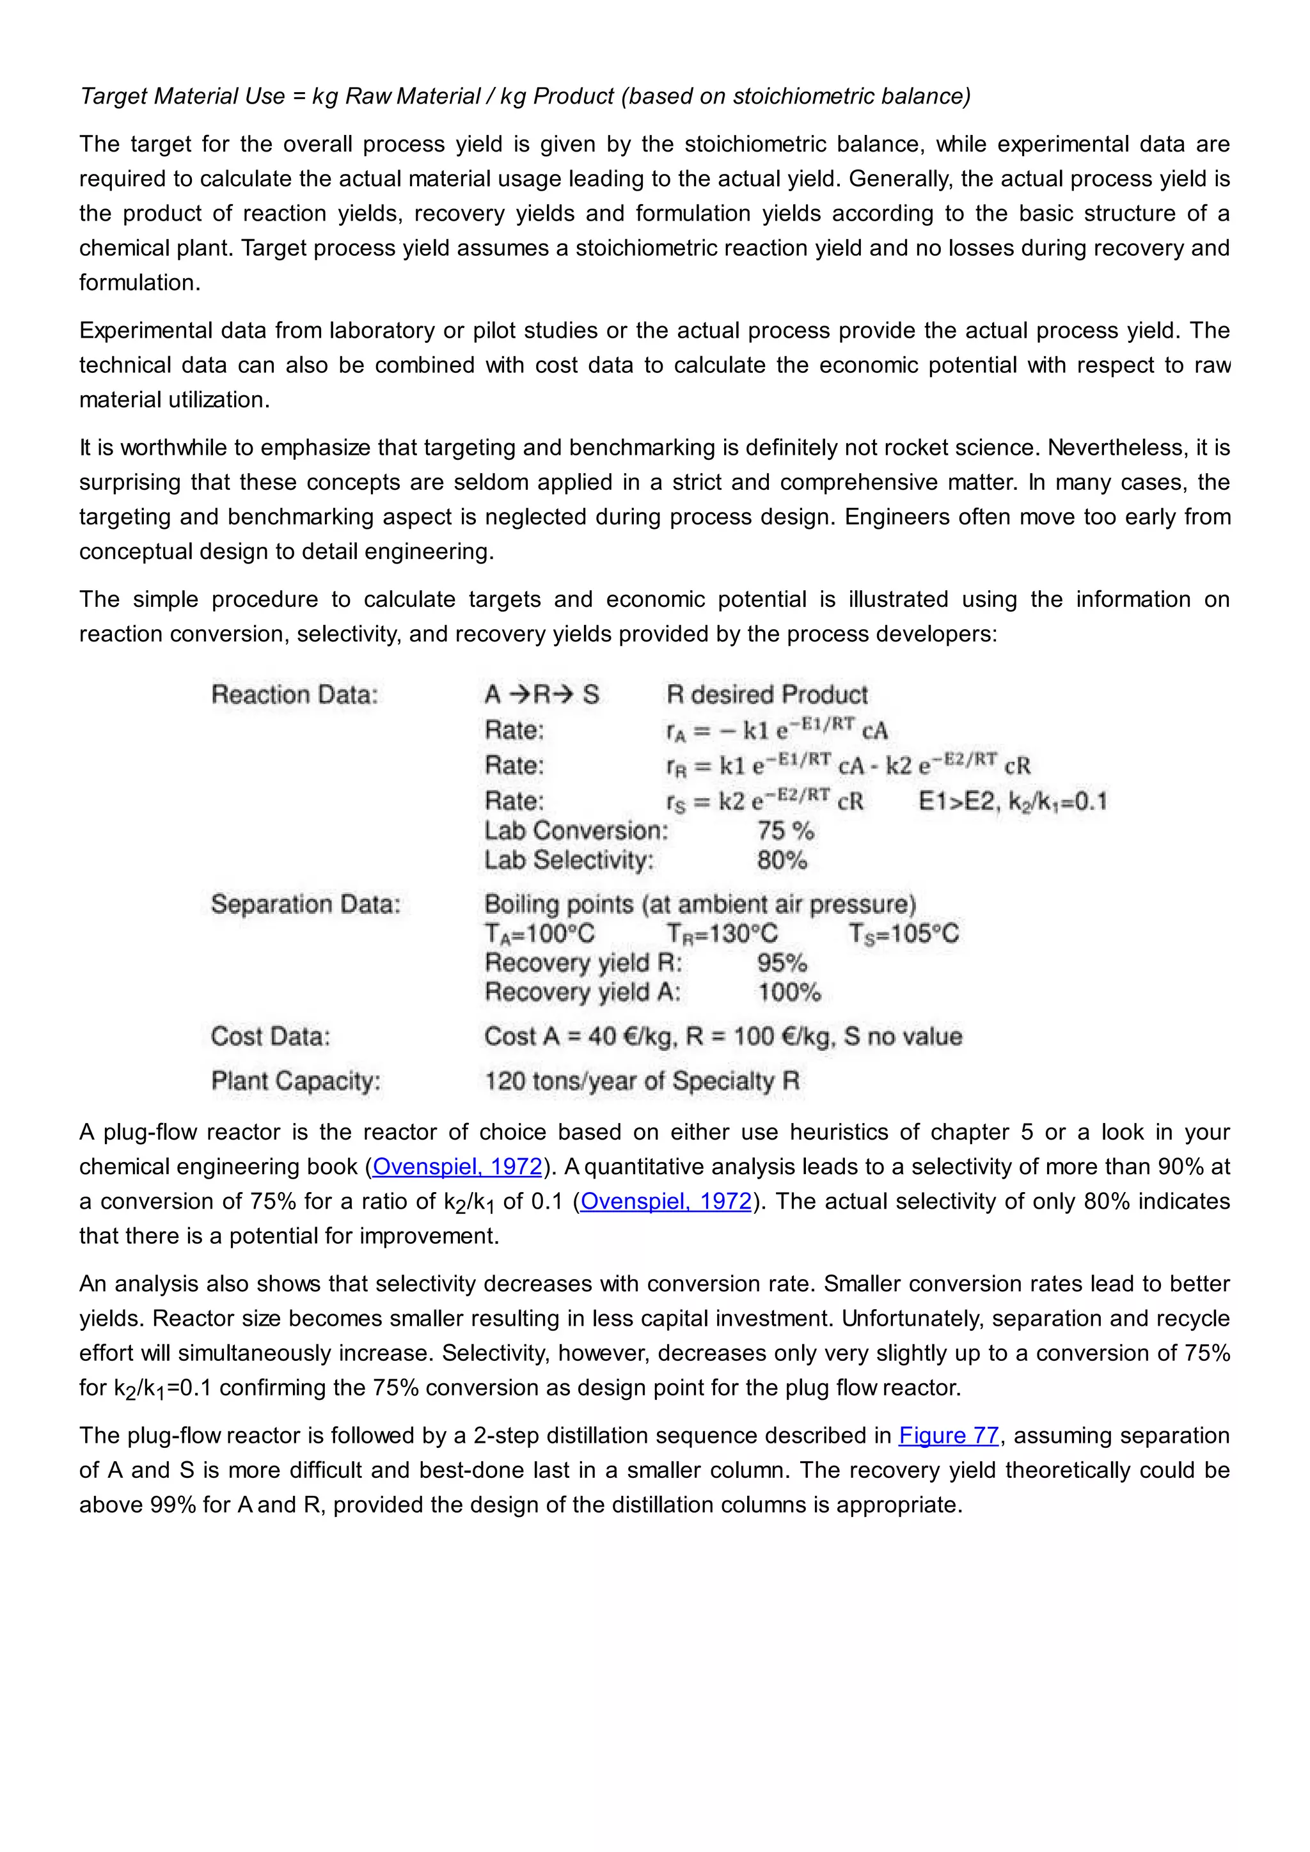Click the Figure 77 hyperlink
tap(949, 1436)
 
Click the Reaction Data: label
tap(294, 694)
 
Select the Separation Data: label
tap(306, 904)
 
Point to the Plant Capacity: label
tap(296, 1081)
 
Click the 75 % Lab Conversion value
tap(785, 831)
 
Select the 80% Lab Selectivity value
tap(782, 861)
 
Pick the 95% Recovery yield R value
tap(782, 963)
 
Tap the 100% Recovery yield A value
tap(789, 992)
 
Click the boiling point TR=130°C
tap(722, 934)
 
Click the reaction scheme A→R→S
tap(541, 694)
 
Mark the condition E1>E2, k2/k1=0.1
tap(1013, 802)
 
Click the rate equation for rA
tap(776, 730)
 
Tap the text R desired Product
tap(766, 694)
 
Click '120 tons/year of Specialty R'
tap(642, 1081)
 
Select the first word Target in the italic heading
tap(114, 96)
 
